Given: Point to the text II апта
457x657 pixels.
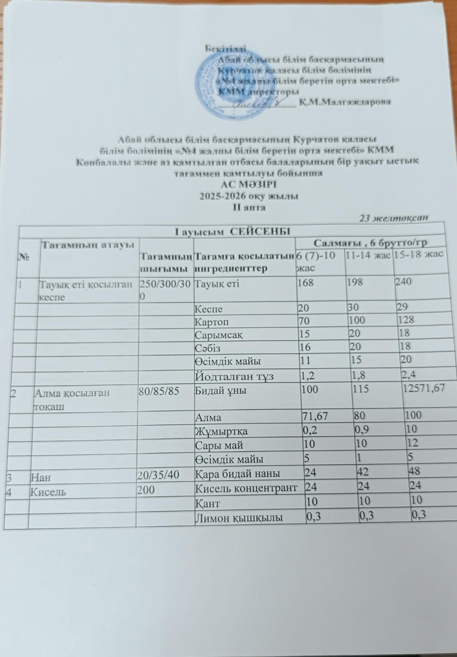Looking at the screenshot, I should point(249,207).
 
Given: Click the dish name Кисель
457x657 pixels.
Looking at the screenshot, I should point(48,491).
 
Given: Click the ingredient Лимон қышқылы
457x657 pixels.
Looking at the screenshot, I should point(239,518).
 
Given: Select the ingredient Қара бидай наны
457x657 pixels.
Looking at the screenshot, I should point(238,473).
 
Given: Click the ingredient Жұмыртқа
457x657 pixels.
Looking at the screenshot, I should point(221,431).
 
